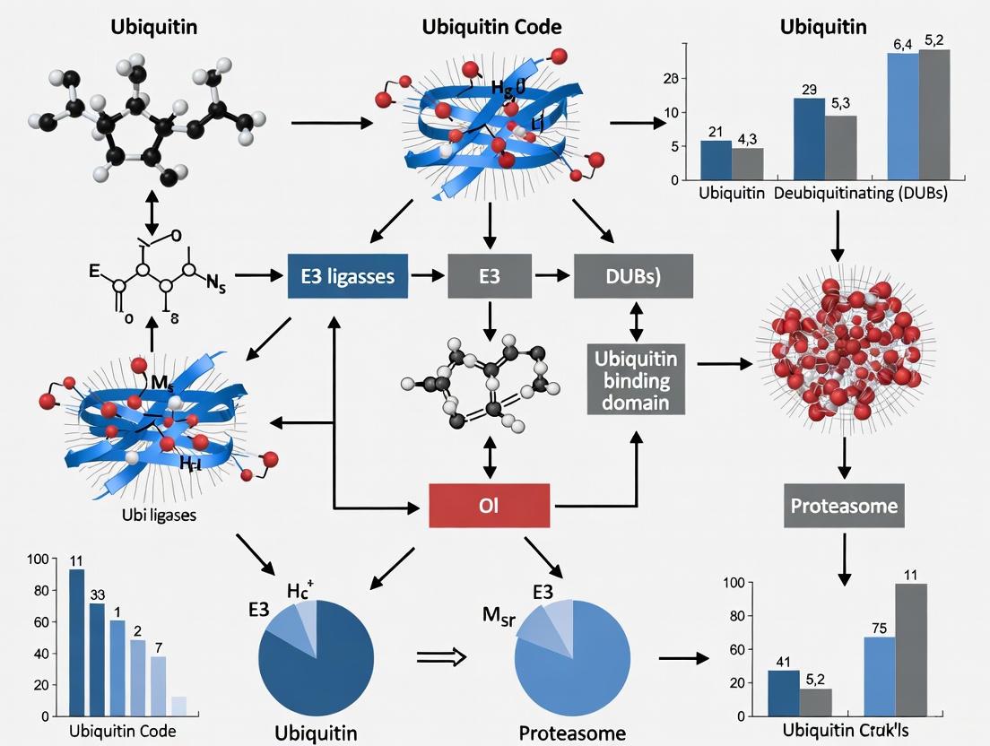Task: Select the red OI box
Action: click(490, 507)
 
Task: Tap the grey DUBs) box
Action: click(633, 276)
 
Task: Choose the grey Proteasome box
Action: click(844, 506)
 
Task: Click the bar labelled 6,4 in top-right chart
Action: click(903, 117)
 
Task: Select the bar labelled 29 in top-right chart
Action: click(809, 139)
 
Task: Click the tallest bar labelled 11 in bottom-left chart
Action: click(77, 642)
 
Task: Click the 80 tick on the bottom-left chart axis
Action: click(38, 591)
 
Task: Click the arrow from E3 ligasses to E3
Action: click(428, 276)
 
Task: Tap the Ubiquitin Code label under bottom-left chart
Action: click(122, 731)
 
